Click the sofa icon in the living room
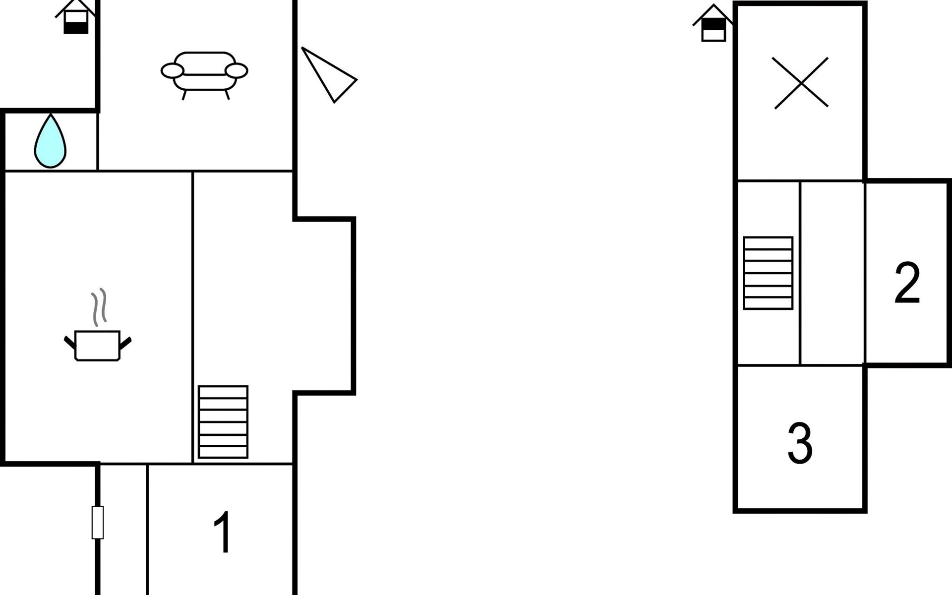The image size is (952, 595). pyautogui.click(x=204, y=72)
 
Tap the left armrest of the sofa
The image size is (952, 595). pyautogui.click(x=173, y=71)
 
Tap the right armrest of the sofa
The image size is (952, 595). pyautogui.click(x=237, y=71)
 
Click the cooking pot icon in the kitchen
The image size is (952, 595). pyautogui.click(x=98, y=345)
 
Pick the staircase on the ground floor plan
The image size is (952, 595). pyautogui.click(x=223, y=422)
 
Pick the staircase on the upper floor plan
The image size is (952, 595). pyautogui.click(x=768, y=273)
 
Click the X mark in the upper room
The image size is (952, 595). pyautogui.click(x=801, y=83)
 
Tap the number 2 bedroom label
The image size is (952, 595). pyautogui.click(x=907, y=283)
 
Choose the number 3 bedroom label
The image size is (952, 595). pyautogui.click(x=800, y=443)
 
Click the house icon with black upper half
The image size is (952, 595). pyautogui.click(x=714, y=25)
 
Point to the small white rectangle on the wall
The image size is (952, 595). pyautogui.click(x=98, y=522)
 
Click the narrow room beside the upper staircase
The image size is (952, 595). pyautogui.click(x=832, y=273)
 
